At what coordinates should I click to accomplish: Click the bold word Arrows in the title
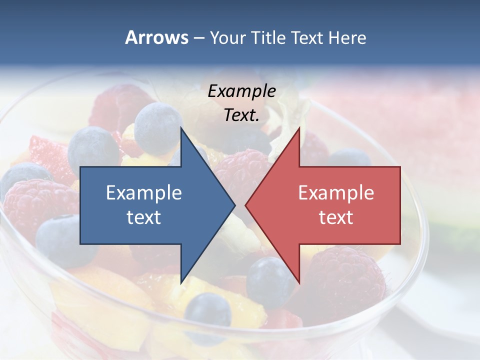[156, 37]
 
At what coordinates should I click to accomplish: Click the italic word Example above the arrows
[242, 91]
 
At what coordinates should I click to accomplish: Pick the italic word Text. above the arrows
[242, 115]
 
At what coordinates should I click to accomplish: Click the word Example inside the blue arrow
[144, 192]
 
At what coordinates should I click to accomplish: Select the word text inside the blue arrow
[144, 217]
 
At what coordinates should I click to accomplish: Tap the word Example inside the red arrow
[336, 192]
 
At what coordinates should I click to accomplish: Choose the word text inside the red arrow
[336, 217]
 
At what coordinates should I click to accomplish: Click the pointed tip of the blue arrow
[235, 205]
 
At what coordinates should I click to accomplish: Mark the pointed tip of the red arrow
[245, 205]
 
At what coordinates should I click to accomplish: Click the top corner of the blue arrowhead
[181, 127]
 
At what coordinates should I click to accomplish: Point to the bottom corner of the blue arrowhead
[181, 283]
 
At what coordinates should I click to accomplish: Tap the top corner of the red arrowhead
[299, 127]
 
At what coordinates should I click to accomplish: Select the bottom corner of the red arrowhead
[299, 283]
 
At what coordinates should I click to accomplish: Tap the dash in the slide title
[198, 38]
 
